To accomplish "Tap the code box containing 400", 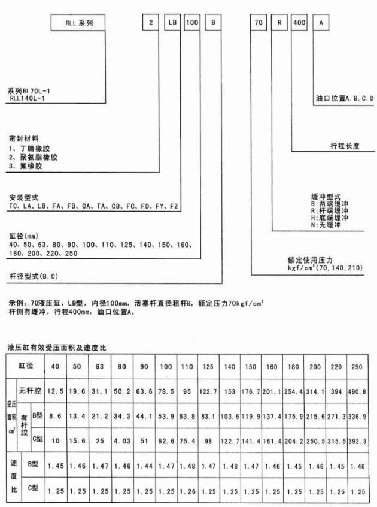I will point(299,23).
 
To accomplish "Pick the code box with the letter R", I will point(278,23).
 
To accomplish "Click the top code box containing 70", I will point(258,23).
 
